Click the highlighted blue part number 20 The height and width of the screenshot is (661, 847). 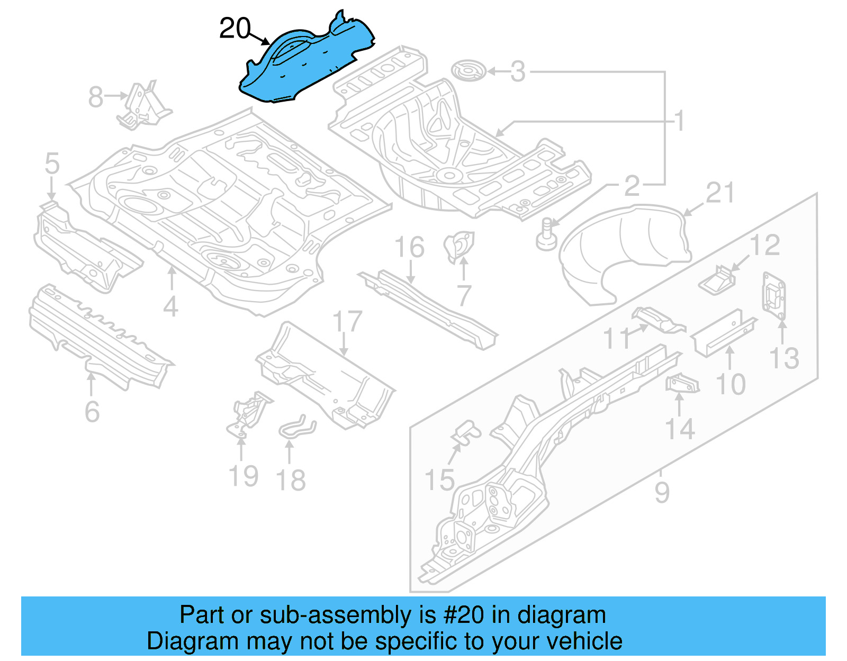307,61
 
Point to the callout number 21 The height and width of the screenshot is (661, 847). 720,193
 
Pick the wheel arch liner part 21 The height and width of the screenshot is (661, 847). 625,249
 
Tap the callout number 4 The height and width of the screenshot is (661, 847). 170,306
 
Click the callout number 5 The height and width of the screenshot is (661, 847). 52,164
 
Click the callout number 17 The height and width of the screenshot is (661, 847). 347,322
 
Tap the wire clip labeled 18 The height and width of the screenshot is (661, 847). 296,426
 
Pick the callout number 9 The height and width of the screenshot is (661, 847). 662,492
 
